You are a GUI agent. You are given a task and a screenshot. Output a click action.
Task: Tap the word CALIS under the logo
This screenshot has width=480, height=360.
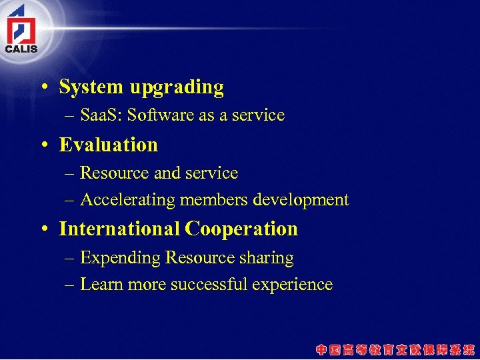pyautogui.click(x=21, y=49)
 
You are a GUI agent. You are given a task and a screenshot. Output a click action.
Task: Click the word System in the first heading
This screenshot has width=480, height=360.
pyautogui.click(x=91, y=87)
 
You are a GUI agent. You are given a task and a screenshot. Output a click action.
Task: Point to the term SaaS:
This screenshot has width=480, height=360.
pyautogui.click(x=101, y=115)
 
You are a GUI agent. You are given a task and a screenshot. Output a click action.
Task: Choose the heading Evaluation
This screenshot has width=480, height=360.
pyautogui.click(x=109, y=145)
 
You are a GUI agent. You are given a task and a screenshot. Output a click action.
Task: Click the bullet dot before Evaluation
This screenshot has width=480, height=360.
pyautogui.click(x=43, y=145)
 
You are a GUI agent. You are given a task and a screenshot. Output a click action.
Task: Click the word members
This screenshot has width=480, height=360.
pyautogui.click(x=211, y=200)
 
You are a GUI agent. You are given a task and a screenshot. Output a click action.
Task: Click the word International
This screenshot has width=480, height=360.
pyautogui.click(x=119, y=229)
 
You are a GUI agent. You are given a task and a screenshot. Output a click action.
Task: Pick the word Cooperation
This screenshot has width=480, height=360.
pyautogui.click(x=241, y=229)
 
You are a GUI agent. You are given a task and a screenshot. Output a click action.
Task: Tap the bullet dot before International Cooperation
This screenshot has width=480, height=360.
pyautogui.click(x=43, y=229)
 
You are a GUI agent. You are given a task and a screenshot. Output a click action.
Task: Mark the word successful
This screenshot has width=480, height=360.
pyautogui.click(x=209, y=285)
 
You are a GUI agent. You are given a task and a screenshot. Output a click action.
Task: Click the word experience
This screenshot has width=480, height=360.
pyautogui.click(x=292, y=285)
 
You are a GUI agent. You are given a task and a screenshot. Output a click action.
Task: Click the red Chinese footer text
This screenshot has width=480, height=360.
pyautogui.click(x=395, y=349)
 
